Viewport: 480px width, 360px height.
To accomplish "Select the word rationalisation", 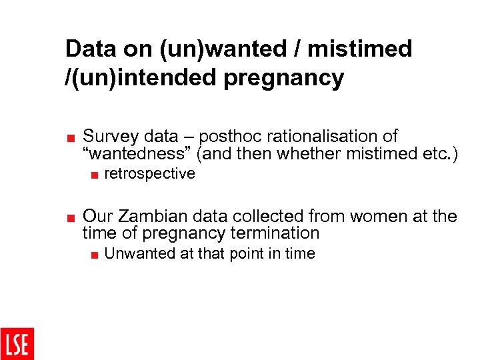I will click(x=326, y=137).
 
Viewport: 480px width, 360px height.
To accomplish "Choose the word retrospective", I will click(x=150, y=174).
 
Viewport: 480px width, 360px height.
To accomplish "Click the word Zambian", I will click(x=147, y=217).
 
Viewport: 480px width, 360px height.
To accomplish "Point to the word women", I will click(x=369, y=217).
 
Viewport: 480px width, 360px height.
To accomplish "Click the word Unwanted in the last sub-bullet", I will click(x=136, y=253).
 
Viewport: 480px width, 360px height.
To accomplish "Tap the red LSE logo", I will click(x=17, y=343).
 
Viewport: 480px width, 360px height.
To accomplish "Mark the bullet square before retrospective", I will click(x=95, y=175).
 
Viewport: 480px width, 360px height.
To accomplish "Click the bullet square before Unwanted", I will click(x=95, y=255).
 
